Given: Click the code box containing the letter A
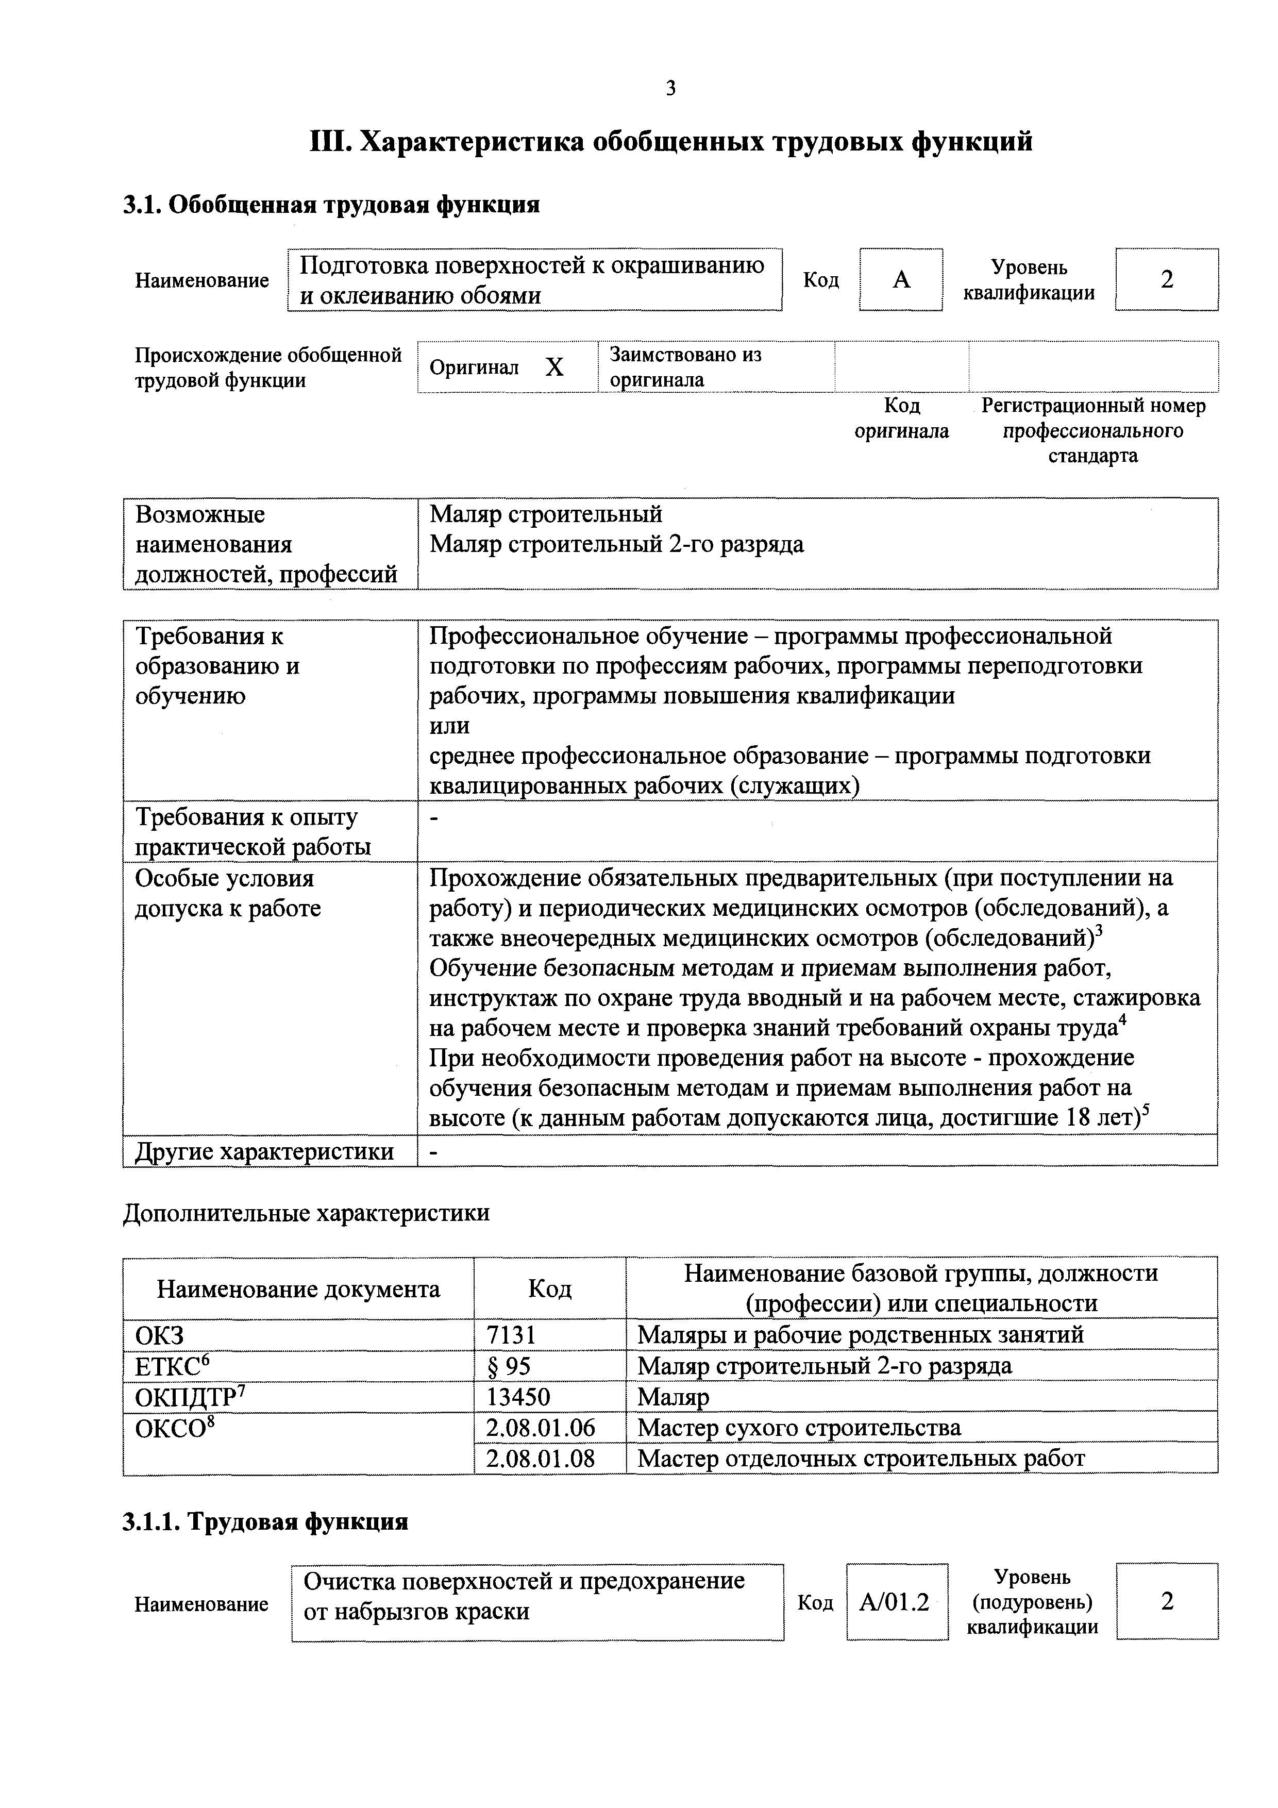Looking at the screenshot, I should point(901,279).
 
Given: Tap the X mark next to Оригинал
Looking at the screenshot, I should point(554,367).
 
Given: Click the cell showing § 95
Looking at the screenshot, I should point(509,1365).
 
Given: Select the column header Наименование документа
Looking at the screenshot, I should point(298,1289).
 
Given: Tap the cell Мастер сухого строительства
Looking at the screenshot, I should point(798,1427).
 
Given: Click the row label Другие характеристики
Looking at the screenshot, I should point(264,1151).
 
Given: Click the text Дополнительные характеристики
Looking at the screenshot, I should point(306,1212).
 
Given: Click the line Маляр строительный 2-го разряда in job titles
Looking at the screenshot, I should point(616,544).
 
